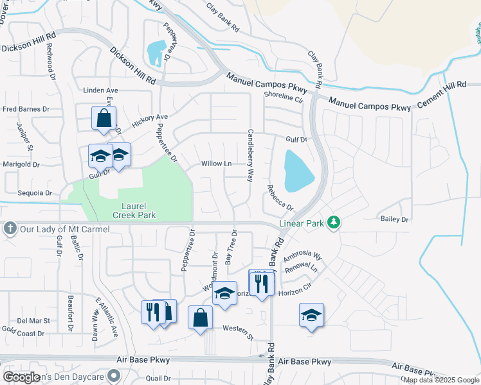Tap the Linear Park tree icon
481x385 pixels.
[x=333, y=223]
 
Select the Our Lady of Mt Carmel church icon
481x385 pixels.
[x=10, y=228]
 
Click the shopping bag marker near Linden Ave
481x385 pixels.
[x=104, y=119]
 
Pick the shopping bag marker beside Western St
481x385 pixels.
[x=200, y=317]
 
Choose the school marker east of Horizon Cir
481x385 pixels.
[x=311, y=315]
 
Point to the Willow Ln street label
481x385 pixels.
[x=216, y=164]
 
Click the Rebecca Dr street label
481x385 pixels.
[x=280, y=198]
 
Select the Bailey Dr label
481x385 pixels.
[x=395, y=219]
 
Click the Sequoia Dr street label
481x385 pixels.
[x=35, y=193]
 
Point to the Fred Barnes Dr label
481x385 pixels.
[x=26, y=109]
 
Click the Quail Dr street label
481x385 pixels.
[x=158, y=378]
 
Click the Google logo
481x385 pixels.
[x=21, y=377]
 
